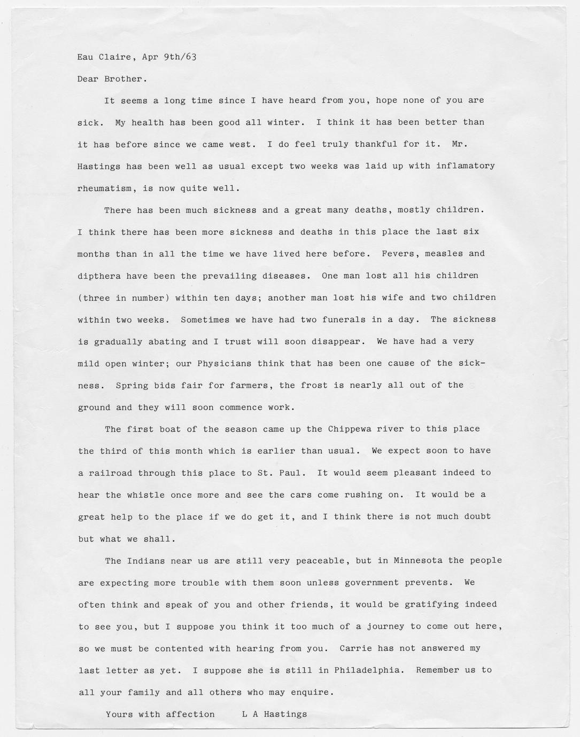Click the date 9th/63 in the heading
point(180,57)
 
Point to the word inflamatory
point(465,166)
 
